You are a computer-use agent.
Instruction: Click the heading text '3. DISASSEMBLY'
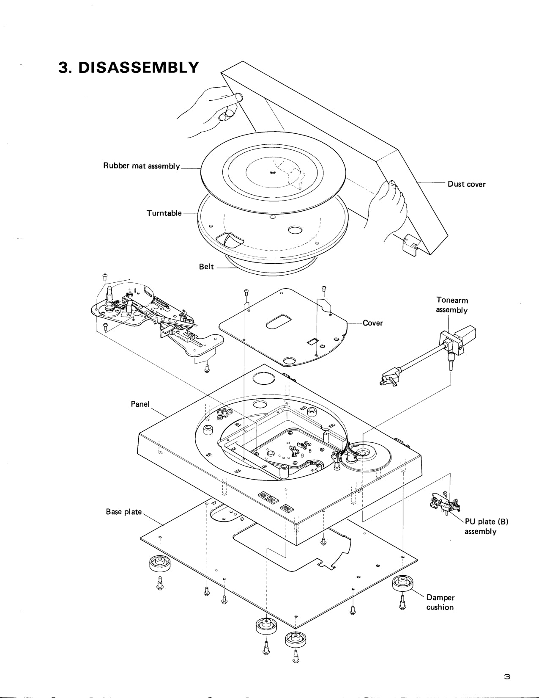coord(128,67)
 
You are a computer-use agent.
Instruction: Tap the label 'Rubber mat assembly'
coord(142,166)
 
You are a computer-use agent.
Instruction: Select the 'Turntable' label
coord(164,213)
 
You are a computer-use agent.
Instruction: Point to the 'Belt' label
coord(206,267)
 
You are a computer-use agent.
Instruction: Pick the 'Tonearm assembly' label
coord(451,305)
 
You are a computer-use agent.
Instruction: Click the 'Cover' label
coord(372,323)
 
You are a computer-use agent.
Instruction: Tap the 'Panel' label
coord(140,404)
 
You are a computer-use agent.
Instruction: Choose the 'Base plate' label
coord(123,512)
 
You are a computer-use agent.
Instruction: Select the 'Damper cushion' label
coord(440,602)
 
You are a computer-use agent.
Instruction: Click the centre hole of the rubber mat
coord(273,172)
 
